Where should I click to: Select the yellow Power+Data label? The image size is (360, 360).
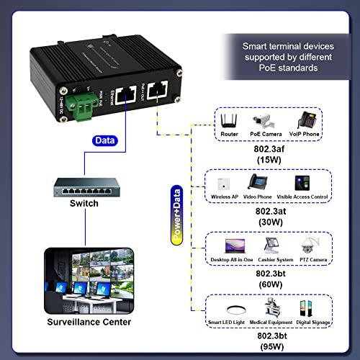pyautogui.click(x=176, y=217)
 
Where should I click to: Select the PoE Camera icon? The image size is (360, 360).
pyautogui.click(x=261, y=120)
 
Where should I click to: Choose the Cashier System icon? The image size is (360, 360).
pyautogui.click(x=274, y=244)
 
